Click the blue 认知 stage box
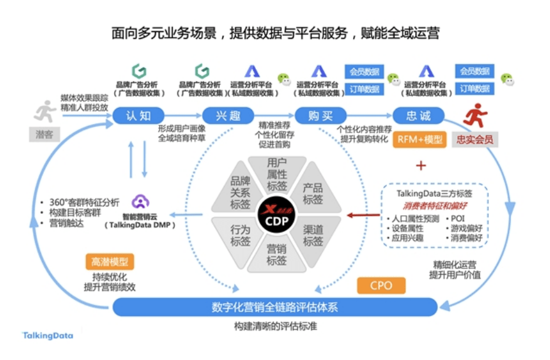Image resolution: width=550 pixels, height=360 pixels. coord(138,115)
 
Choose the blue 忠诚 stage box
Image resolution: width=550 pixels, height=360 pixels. coord(418,115)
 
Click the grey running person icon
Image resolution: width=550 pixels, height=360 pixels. coord(45,113)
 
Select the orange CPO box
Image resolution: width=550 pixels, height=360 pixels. coord(381,285)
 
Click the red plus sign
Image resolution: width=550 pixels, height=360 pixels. coord(420,165)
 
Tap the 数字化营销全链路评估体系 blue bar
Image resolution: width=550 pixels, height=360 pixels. coord(275,307)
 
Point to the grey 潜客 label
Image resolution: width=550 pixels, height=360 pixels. coord(43,134)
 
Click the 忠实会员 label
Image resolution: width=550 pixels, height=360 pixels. coord(475,139)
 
